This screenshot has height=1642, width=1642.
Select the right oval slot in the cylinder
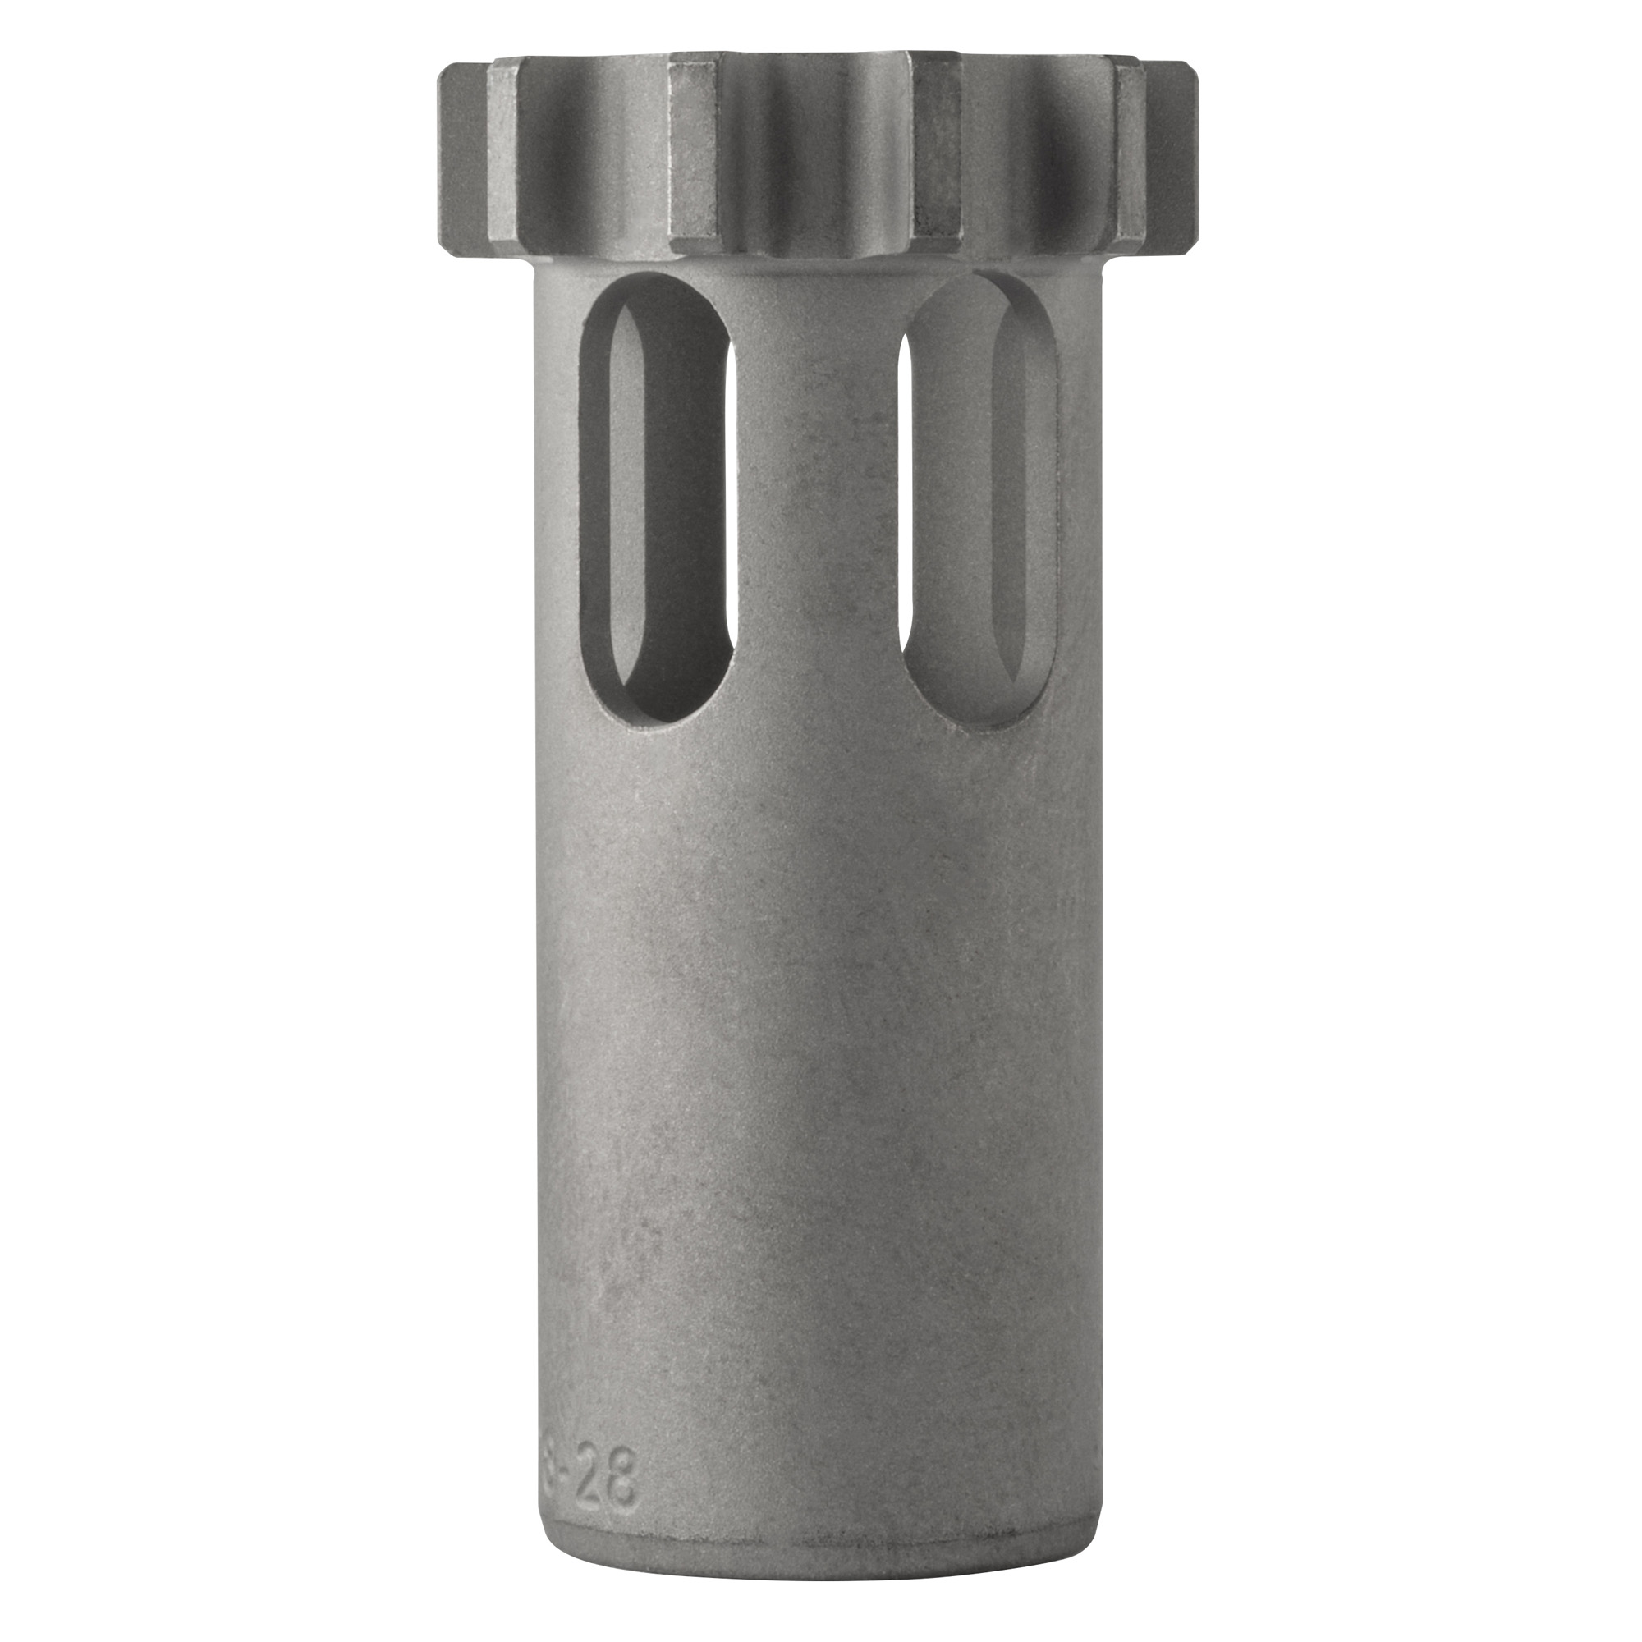pyautogui.click(x=977, y=502)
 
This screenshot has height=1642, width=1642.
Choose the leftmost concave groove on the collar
pyautogui.click(x=595, y=162)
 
